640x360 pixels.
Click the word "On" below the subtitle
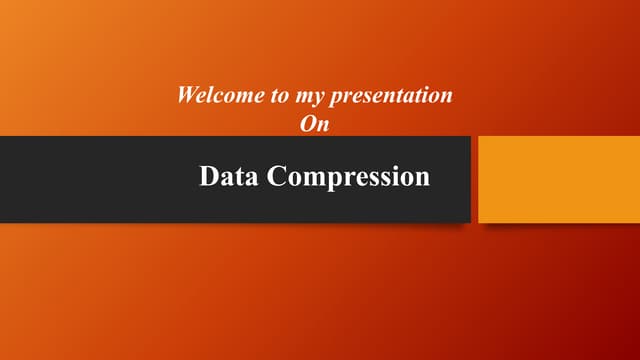(x=314, y=124)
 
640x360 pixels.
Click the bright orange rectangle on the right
(x=559, y=179)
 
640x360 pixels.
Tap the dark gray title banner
(x=100, y=179)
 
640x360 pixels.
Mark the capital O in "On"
(x=308, y=124)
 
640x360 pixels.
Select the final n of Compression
(x=423, y=179)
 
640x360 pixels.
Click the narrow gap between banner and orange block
(x=474, y=179)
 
